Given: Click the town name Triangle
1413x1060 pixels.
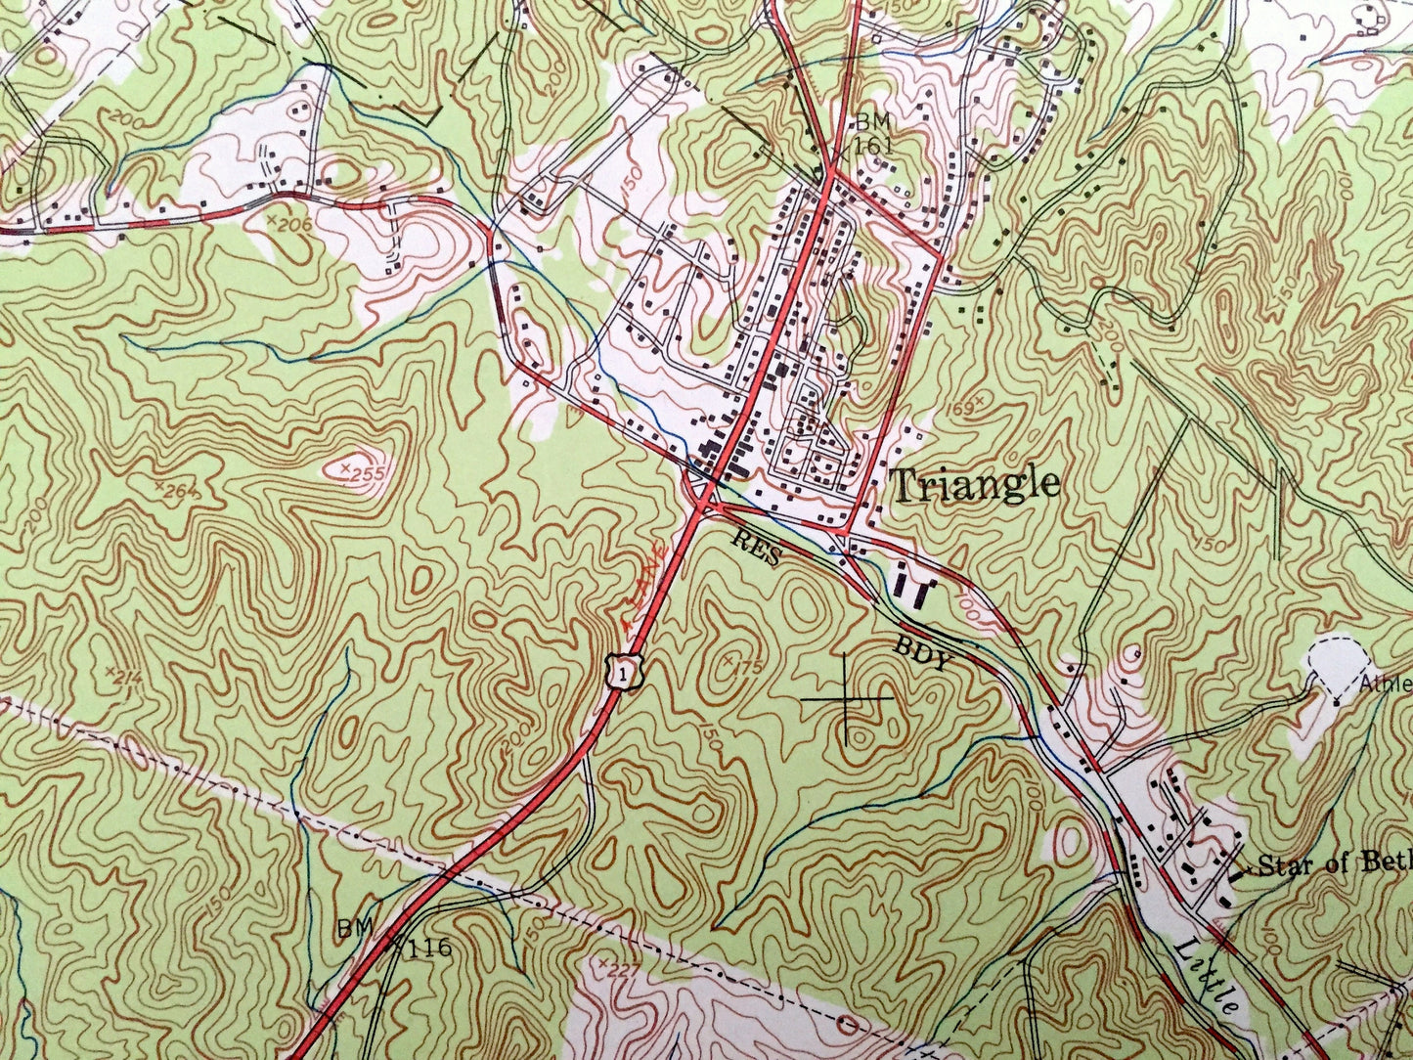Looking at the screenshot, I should pyautogui.click(x=975, y=484).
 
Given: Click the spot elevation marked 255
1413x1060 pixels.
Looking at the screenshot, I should pyautogui.click(x=364, y=473).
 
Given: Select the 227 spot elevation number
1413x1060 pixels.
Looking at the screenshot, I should pyautogui.click(x=618, y=969).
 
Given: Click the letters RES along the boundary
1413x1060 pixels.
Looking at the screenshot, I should pyautogui.click(x=758, y=548).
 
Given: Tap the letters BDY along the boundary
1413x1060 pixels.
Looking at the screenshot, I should pyautogui.click(x=922, y=653).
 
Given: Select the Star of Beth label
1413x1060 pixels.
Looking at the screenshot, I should pyautogui.click(x=1333, y=863).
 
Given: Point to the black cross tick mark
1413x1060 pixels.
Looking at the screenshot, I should pyautogui.click(x=845, y=700).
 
